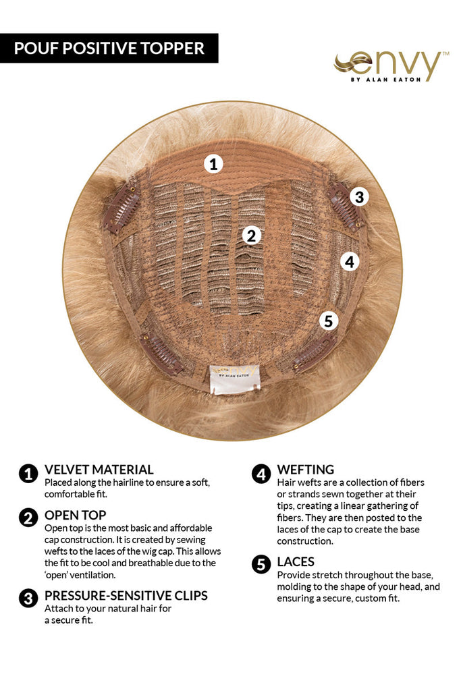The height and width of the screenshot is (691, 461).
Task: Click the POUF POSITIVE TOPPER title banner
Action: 109,48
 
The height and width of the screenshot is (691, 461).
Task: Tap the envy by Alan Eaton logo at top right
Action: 391,66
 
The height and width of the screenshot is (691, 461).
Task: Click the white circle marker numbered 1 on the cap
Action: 213,165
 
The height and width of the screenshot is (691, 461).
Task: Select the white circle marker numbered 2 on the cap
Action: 251,236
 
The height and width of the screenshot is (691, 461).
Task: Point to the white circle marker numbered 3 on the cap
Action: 359,196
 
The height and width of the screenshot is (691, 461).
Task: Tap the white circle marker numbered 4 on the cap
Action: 350,262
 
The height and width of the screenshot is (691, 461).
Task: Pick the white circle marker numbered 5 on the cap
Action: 328,321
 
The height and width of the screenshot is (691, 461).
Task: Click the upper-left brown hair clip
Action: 121,208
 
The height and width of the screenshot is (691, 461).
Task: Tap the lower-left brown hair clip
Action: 161,352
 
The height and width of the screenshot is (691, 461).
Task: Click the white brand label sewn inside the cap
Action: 234,379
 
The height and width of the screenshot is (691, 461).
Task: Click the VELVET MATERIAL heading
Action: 99,470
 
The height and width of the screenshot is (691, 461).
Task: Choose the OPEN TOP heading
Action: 76,515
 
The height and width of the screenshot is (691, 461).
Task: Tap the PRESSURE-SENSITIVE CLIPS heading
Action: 126,596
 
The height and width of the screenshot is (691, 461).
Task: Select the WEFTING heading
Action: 306,470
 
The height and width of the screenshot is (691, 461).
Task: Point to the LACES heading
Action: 296,562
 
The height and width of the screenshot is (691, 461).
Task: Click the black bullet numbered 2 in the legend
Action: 28,518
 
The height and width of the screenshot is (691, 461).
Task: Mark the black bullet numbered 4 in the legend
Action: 261,474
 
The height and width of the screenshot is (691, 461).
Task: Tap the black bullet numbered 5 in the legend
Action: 261,565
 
